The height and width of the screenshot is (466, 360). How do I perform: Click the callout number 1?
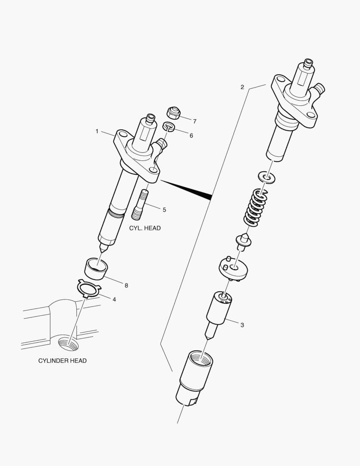click(97, 131)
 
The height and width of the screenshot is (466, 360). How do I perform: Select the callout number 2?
click(242, 87)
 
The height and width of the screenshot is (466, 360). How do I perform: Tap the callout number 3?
click(242, 325)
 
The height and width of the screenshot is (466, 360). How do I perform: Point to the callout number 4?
click(114, 299)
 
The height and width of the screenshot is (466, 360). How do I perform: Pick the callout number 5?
click(164, 210)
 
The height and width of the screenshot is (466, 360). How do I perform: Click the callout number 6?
click(191, 135)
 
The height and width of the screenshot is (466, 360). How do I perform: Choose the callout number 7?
click(194, 121)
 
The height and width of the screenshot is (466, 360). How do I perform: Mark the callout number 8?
click(126, 285)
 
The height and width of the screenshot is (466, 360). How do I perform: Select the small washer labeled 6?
click(169, 126)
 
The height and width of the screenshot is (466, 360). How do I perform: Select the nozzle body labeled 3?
click(220, 310)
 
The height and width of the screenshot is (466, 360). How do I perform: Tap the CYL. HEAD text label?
click(145, 228)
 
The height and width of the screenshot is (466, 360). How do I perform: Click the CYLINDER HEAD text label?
click(63, 361)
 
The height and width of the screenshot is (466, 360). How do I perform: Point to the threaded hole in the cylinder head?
click(68, 344)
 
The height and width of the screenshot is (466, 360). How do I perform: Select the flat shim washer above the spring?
click(267, 176)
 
